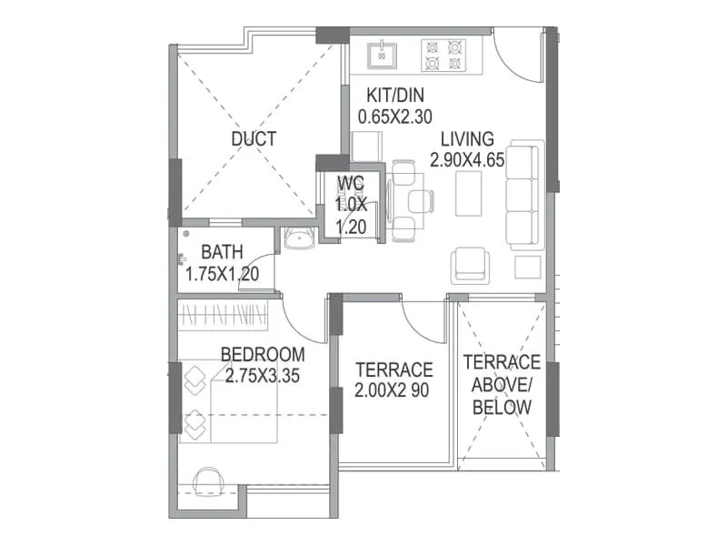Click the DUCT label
click(254, 139)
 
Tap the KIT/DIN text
click(395, 96)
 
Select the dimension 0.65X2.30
click(395, 116)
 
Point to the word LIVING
click(467, 139)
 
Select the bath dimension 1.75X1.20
click(223, 272)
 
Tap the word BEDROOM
click(263, 354)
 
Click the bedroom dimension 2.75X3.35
click(263, 374)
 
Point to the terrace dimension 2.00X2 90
click(393, 391)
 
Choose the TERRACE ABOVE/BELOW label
click(502, 385)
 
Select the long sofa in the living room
click(525, 195)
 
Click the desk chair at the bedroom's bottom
click(209, 481)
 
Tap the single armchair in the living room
click(470, 265)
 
